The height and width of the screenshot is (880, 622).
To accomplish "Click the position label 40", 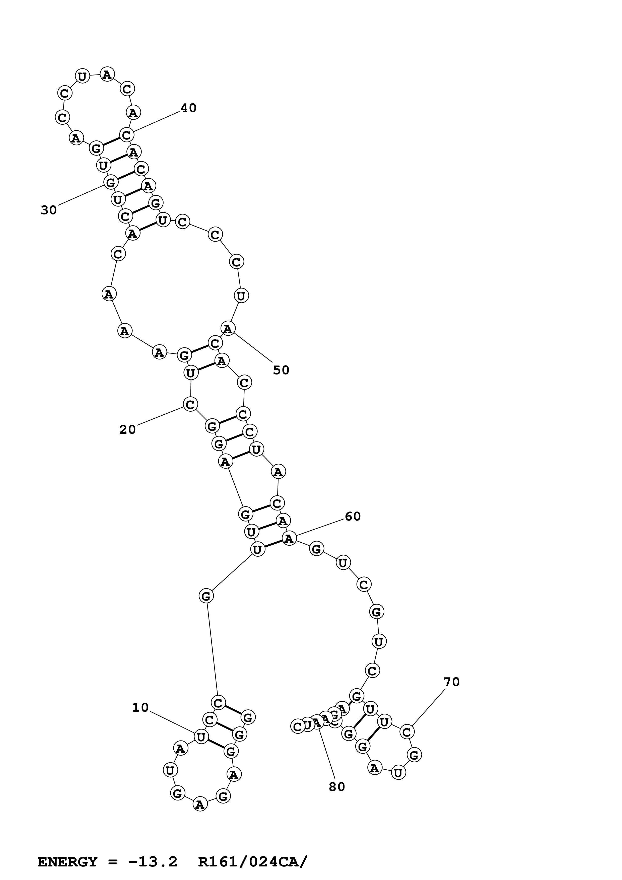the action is click(188, 108).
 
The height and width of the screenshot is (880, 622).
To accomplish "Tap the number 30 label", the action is click(49, 210).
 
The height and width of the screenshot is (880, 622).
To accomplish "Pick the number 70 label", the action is click(451, 682).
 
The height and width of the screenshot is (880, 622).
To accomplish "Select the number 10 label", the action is click(140, 707).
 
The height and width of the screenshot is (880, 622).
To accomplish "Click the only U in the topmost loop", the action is click(82, 76).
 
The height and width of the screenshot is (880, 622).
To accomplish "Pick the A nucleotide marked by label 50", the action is click(228, 328).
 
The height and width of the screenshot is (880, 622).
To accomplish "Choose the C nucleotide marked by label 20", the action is click(190, 404).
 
